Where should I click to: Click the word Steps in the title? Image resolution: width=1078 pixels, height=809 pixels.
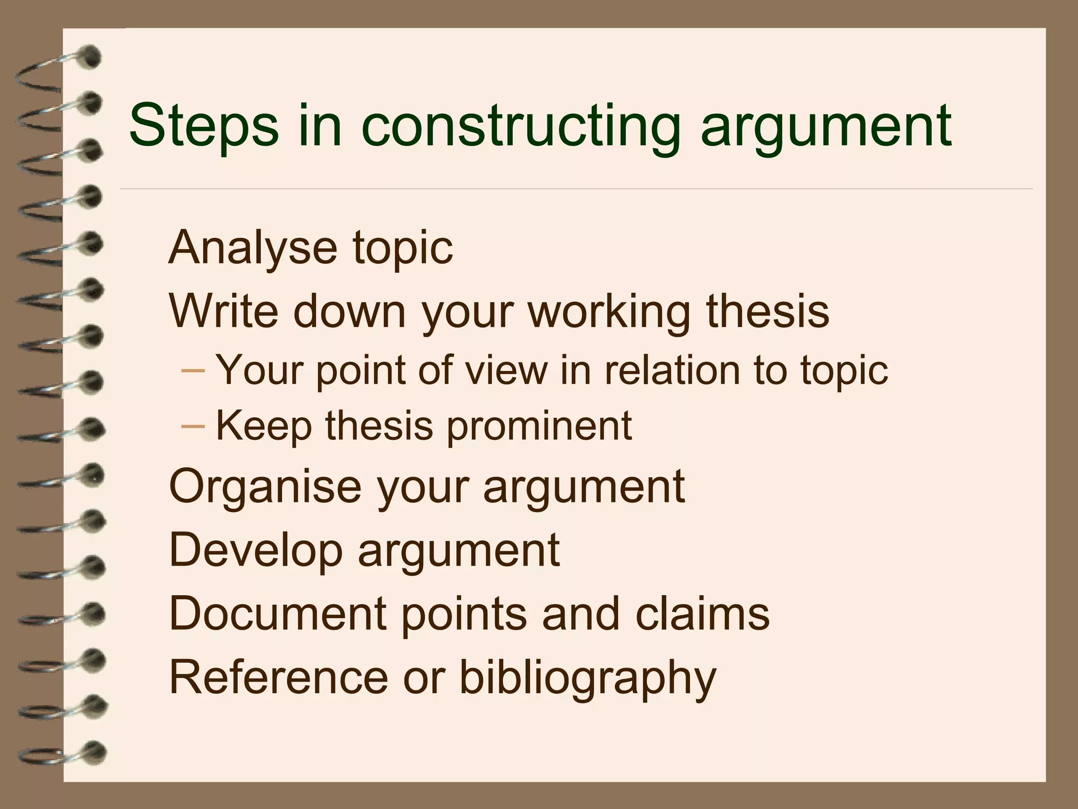pyautogui.click(x=203, y=126)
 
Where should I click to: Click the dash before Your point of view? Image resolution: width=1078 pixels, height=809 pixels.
pyautogui.click(x=192, y=370)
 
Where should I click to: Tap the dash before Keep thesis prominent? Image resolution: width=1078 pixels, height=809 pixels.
pyautogui.click(x=192, y=426)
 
